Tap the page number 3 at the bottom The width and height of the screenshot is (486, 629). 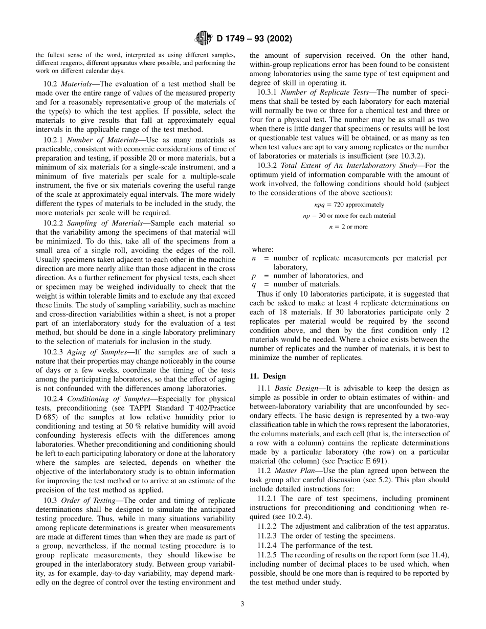(x=242, y=604)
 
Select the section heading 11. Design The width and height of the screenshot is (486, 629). (x=268, y=376)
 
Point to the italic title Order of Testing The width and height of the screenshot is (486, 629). (x=87, y=500)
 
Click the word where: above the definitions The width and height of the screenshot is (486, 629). (x=262, y=250)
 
